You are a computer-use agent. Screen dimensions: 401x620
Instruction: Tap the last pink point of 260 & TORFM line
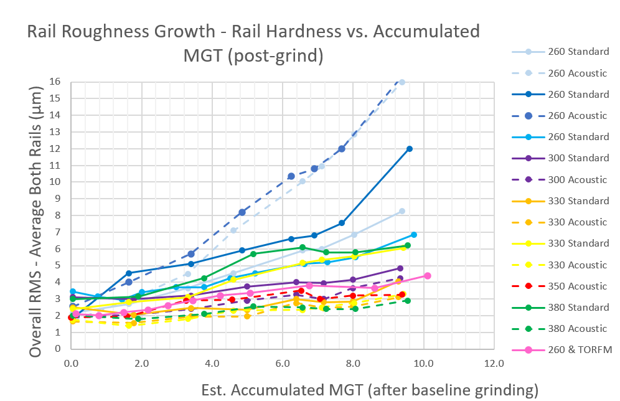click(428, 275)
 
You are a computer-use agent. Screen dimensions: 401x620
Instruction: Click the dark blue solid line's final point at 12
click(410, 149)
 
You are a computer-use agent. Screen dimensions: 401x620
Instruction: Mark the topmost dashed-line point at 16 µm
click(402, 82)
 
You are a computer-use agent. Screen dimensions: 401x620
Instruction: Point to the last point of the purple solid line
click(400, 268)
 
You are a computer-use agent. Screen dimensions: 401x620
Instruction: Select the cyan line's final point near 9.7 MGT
click(413, 235)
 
